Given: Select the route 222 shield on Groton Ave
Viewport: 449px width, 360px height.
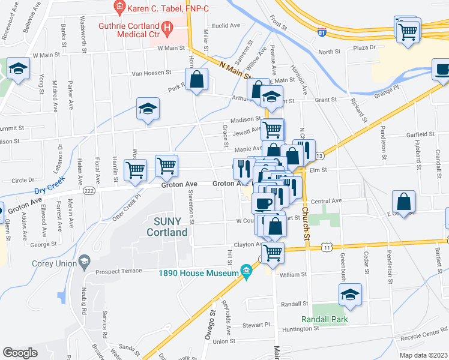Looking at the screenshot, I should (x=89, y=190).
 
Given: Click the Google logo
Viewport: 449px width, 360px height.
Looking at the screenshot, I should (x=20, y=353).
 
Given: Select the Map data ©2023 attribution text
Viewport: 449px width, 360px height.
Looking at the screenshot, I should (x=423, y=355).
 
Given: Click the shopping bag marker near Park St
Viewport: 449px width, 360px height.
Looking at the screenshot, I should (x=196, y=79).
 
